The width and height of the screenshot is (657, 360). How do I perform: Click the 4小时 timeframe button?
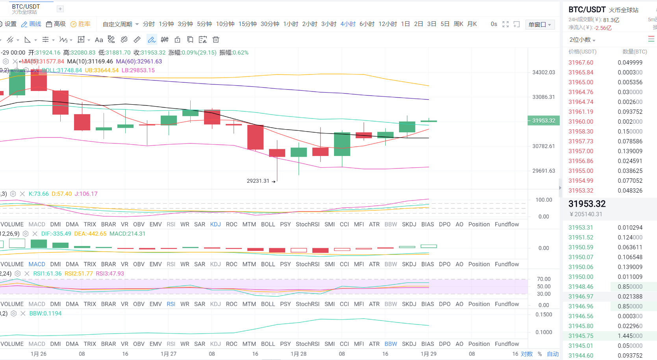(348, 24)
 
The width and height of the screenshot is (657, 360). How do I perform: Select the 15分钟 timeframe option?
(247, 24)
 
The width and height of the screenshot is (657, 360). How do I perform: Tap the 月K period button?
(472, 24)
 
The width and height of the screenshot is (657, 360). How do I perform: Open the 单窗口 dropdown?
(540, 24)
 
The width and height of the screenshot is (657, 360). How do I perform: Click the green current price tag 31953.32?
(543, 121)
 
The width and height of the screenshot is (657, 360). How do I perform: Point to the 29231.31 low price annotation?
(258, 181)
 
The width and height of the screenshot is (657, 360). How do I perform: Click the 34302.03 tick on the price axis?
(543, 72)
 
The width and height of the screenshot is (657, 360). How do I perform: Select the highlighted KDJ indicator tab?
(215, 225)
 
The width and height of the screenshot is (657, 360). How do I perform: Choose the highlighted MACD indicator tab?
(37, 264)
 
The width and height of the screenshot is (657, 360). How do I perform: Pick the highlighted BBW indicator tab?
(391, 344)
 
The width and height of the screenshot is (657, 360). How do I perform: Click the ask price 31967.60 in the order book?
(581, 63)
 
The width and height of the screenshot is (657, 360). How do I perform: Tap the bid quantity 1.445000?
(630, 336)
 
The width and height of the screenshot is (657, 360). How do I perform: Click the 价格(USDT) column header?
(582, 52)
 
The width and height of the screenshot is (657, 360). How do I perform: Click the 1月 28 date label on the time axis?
(298, 354)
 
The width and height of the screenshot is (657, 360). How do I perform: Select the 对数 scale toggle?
(527, 354)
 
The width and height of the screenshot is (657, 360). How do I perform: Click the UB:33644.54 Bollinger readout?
(102, 71)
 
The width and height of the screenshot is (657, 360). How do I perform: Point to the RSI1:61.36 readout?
(47, 274)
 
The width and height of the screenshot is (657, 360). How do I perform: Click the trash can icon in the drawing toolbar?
(216, 39)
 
